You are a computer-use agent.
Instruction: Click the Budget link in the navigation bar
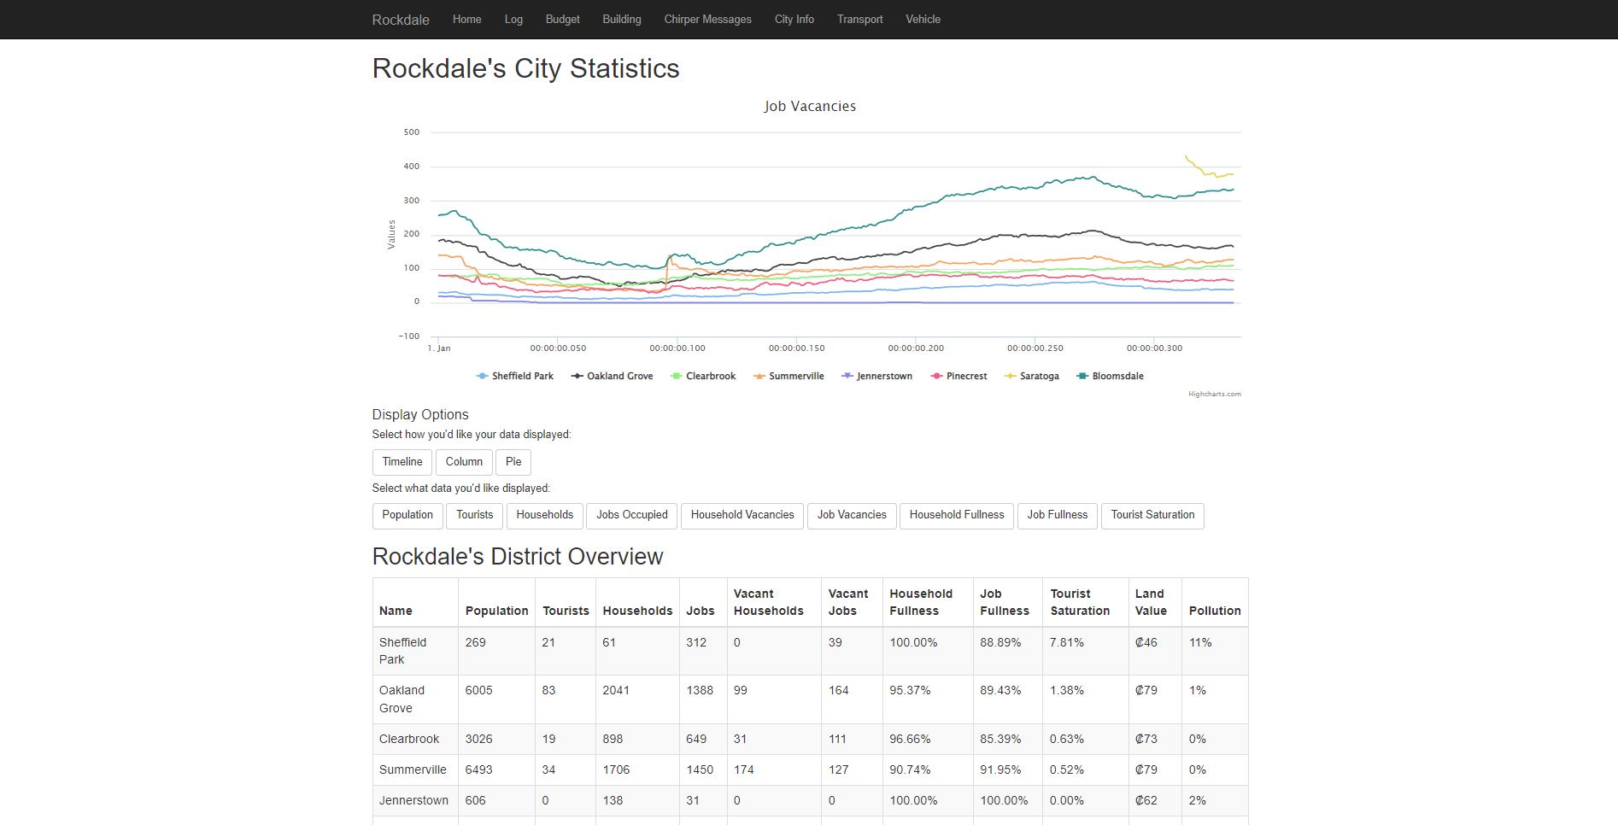point(562,19)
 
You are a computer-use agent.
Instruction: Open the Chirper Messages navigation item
point(707,19)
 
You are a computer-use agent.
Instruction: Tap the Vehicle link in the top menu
point(923,19)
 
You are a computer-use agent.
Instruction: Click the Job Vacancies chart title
point(810,106)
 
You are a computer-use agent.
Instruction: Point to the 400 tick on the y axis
point(412,167)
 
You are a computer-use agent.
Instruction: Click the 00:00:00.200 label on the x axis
point(916,348)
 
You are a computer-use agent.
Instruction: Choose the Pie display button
point(513,462)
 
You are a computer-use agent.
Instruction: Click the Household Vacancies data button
point(742,515)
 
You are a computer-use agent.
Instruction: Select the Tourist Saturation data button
point(1152,515)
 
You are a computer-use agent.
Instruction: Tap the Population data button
point(407,515)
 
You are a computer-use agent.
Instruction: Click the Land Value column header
point(1151,602)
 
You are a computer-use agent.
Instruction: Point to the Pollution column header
point(1215,611)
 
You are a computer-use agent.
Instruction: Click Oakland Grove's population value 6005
point(479,690)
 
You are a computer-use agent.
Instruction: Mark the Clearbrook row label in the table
point(409,739)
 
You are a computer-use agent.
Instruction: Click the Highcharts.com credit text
point(1214,394)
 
